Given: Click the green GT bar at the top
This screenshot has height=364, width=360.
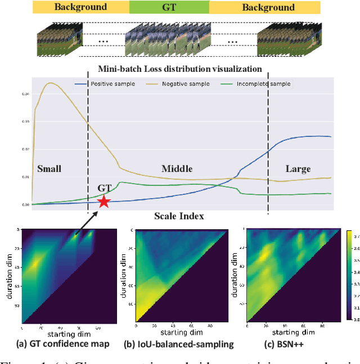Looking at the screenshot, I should (169, 7).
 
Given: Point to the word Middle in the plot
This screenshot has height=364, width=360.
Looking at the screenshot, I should (177, 168).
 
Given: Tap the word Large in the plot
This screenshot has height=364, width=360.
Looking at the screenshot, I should (298, 168).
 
